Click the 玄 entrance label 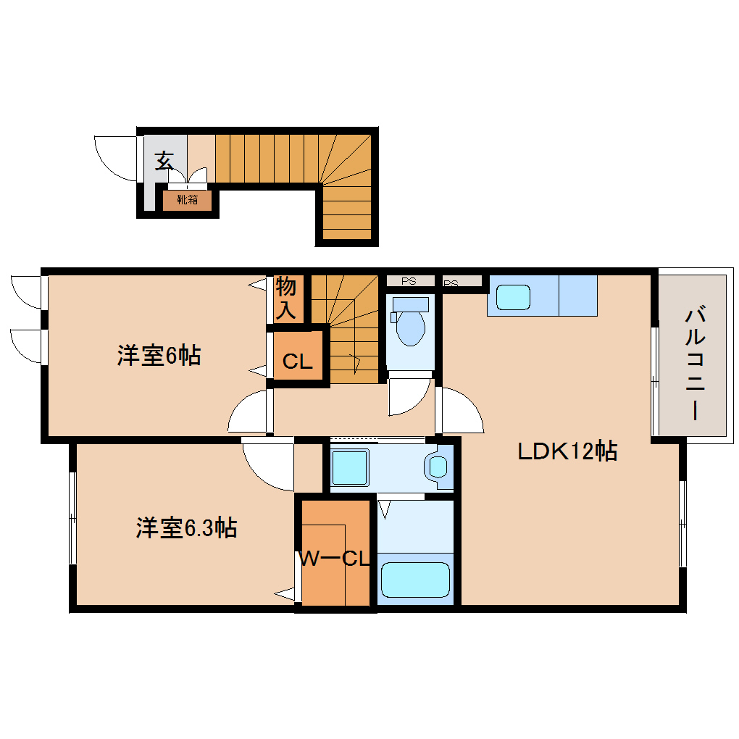(164, 161)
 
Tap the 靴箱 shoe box (187, 200)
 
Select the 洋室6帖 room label (159, 355)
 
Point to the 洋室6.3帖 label (186, 527)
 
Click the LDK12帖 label (567, 451)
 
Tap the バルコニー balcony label (696, 363)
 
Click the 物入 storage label (286, 298)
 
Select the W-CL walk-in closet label (335, 559)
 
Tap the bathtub (415, 580)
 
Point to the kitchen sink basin (513, 297)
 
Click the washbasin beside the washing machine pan (438, 467)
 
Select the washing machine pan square (350, 467)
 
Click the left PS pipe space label (409, 281)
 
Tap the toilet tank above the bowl (411, 304)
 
